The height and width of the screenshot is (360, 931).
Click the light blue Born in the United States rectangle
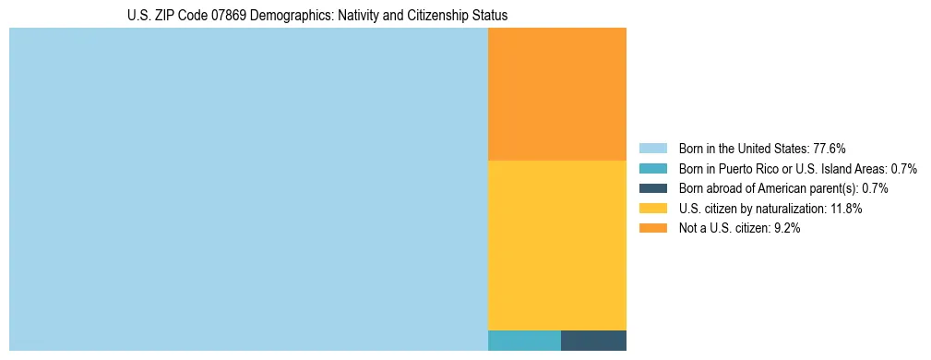pos(247,189)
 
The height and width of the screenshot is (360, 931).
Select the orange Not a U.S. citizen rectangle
pos(556,94)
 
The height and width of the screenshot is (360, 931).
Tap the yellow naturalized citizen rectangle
pos(556,245)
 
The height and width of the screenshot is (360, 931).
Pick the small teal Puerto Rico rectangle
pos(524,340)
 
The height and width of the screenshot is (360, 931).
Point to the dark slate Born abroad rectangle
pos(593,340)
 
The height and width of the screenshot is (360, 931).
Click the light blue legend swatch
pos(652,148)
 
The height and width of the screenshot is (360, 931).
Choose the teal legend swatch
pos(652,168)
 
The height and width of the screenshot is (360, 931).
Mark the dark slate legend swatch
pos(652,188)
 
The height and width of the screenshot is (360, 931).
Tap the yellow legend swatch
pos(652,209)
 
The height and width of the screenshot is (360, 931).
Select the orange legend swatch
pos(652,229)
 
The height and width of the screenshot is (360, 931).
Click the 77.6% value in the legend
pos(829,148)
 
